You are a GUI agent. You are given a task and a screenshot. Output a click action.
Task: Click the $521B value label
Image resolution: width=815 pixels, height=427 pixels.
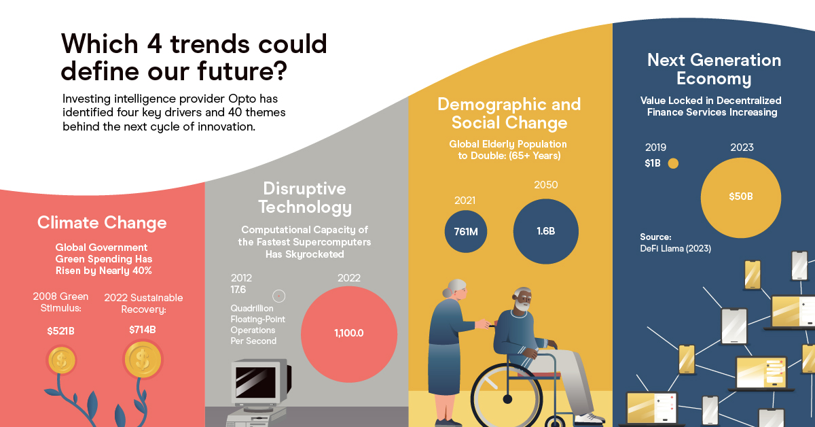pos(61,331)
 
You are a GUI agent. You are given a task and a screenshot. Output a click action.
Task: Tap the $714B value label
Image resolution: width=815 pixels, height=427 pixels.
pos(143,330)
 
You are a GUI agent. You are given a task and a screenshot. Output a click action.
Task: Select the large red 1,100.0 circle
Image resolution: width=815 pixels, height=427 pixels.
pos(349,334)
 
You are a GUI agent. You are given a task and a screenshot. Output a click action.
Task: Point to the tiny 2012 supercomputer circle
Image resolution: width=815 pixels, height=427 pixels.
pos(278,296)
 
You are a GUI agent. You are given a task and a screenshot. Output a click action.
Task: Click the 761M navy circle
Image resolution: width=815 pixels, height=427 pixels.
pos(466,231)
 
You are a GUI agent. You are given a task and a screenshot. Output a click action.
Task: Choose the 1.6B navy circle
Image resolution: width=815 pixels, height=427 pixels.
pos(545,231)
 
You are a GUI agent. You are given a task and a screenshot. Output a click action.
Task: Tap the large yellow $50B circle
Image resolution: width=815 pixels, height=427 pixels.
pos(740,197)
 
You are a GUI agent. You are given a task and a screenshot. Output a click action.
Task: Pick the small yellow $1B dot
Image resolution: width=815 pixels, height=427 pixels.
pos(673,164)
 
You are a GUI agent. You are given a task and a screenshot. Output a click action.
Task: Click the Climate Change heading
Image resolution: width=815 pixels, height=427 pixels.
pos(102,222)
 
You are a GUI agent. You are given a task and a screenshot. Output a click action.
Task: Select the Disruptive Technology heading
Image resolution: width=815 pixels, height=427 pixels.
pos(305,197)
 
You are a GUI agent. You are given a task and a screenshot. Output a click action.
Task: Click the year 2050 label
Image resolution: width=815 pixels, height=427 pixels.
pos(545,185)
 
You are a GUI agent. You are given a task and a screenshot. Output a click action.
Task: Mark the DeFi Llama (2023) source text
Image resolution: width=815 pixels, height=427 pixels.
pos(675,248)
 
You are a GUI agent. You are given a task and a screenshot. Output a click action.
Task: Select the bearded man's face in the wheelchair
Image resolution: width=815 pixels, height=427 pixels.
pos(522,303)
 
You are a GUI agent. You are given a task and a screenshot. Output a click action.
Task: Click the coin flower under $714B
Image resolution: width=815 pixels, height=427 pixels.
pos(143,358)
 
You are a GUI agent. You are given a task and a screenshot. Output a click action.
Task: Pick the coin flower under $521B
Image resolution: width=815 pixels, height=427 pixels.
pos(61,361)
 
